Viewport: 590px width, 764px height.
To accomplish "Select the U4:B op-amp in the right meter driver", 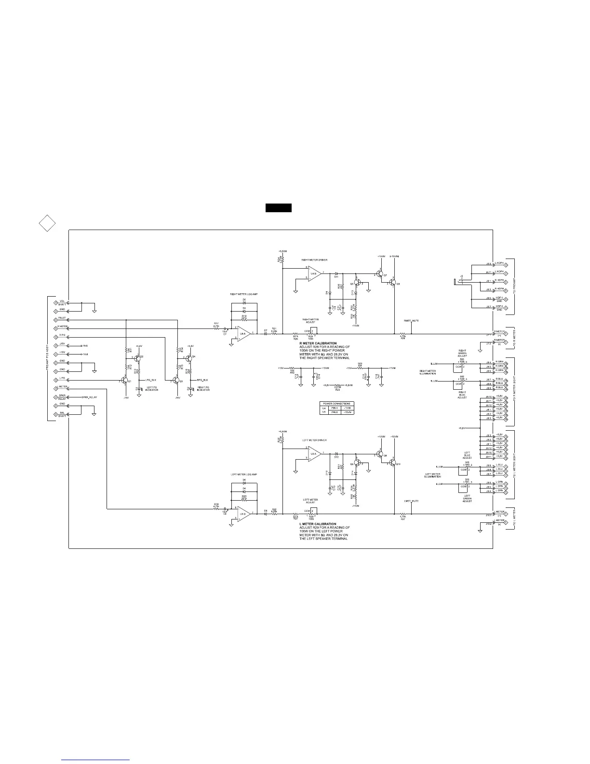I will tap(315, 274).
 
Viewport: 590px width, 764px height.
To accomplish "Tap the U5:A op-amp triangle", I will tap(315, 454).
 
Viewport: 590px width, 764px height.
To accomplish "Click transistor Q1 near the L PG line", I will tap(124, 381).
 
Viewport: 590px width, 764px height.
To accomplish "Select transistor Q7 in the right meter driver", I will tap(380, 274).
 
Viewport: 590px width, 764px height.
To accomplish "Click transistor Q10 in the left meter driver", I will tap(393, 464).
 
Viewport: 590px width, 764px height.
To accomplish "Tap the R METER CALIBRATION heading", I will tap(318, 343).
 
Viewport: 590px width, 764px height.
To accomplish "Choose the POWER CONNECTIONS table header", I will tap(337, 403).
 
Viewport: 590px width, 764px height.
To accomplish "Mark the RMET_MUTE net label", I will tap(411, 320).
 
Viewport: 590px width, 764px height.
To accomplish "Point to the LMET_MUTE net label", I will tap(411, 501).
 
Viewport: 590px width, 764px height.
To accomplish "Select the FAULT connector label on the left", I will tap(62, 318).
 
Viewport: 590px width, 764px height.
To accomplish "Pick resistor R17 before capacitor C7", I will tap(216, 327).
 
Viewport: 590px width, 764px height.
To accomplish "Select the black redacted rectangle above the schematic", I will tap(278, 208).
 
